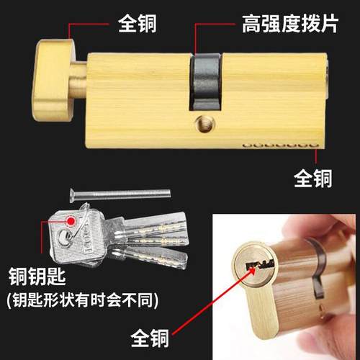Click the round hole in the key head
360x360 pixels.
click(68, 235)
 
